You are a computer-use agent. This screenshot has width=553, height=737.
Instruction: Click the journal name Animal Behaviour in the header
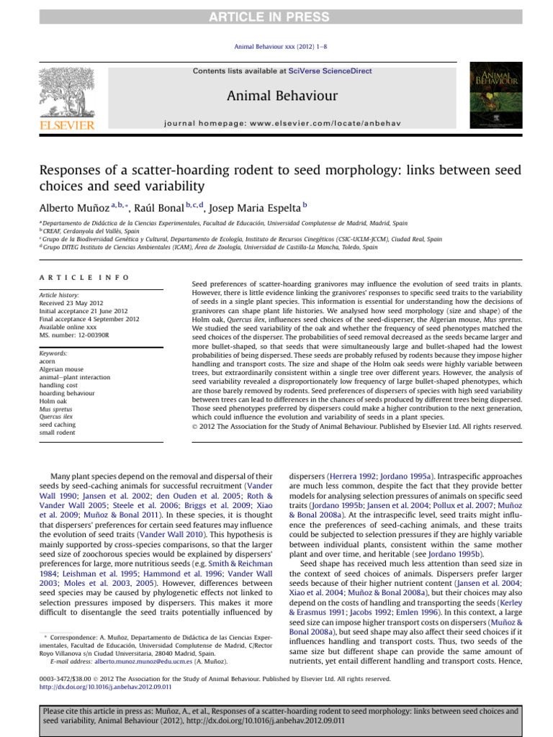click(277, 95)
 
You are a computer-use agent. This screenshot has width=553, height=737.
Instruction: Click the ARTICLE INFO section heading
click(84, 277)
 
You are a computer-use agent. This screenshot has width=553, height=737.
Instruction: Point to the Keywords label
click(54, 353)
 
